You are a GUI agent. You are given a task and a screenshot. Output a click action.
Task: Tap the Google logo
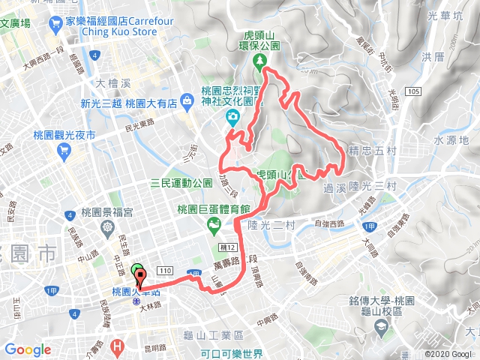pyautogui.click(x=28, y=349)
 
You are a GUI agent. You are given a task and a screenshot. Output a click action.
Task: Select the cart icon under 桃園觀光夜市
pyautogui.click(x=64, y=149)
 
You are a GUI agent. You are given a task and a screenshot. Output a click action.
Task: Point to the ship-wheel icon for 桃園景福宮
pyautogui.click(x=109, y=226)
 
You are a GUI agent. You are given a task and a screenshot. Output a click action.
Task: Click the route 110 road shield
pyautogui.click(x=164, y=268)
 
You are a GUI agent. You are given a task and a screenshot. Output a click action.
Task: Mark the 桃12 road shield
pyautogui.click(x=228, y=247)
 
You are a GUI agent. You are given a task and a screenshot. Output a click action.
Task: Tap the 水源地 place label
pyautogui.click(x=451, y=139)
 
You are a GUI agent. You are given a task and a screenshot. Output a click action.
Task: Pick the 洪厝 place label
pyautogui.click(x=433, y=57)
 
